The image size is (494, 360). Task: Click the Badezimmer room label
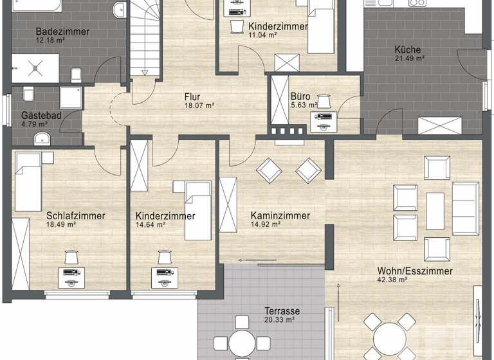(62, 32)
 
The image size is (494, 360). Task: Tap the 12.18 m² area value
(50, 40)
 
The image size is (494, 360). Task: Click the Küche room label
(408, 50)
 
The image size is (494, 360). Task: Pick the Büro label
(300, 96)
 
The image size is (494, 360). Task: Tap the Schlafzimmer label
(75, 216)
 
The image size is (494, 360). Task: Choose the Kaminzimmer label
(280, 216)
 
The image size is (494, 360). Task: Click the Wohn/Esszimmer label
(415, 271)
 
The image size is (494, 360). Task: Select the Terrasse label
(282, 311)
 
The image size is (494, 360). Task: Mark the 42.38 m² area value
(392, 280)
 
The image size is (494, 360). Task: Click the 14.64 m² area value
(151, 225)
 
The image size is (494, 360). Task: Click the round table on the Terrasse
(242, 342)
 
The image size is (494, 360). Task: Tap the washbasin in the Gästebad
(42, 137)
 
